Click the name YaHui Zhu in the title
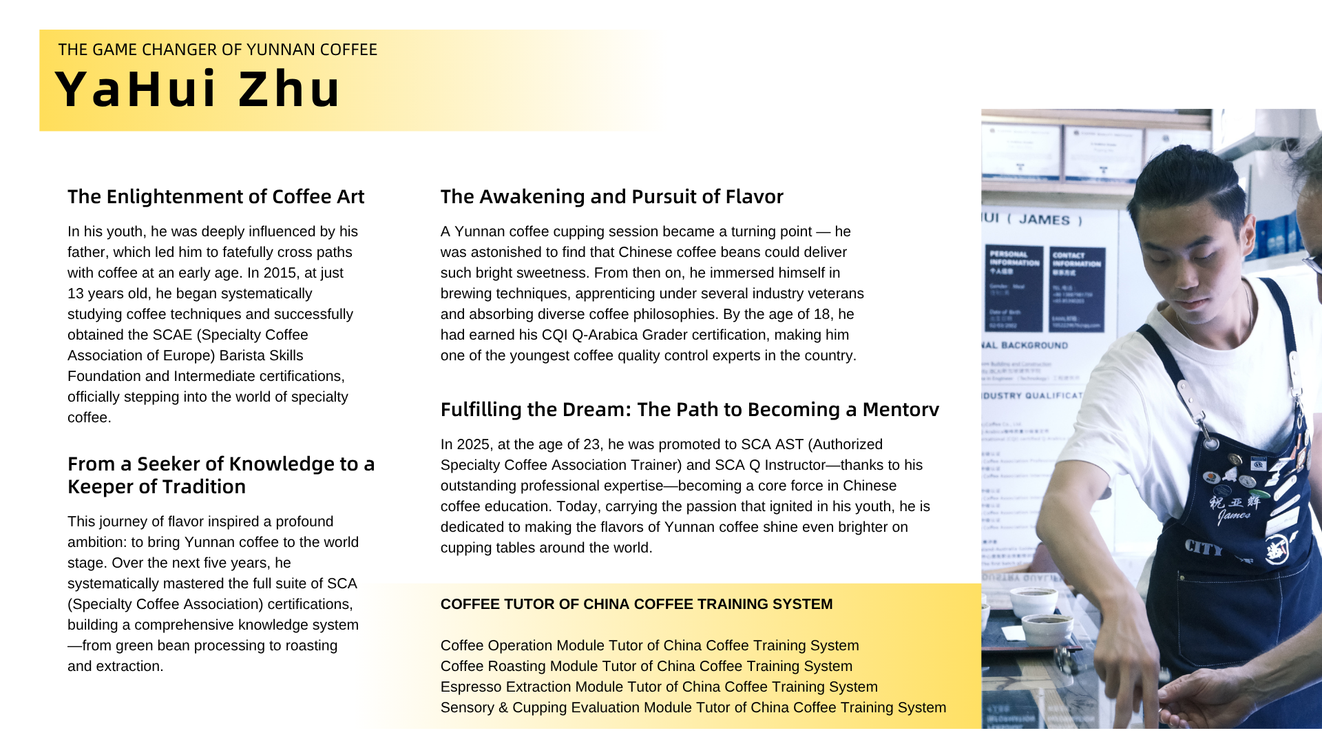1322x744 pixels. tap(198, 90)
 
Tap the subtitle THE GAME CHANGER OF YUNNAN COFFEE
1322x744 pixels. tap(218, 50)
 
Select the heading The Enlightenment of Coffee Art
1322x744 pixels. tap(216, 197)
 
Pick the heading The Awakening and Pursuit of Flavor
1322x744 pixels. tap(611, 197)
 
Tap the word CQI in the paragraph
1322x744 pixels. tap(554, 335)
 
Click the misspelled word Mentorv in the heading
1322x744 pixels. tap(901, 410)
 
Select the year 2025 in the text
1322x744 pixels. tap(473, 444)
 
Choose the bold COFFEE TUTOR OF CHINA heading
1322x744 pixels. tap(636, 604)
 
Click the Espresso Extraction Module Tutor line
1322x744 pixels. tap(659, 687)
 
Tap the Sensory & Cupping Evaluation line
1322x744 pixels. tap(693, 707)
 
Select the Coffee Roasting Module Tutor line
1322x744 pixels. tap(646, 666)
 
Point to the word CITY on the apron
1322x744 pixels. tap(1203, 548)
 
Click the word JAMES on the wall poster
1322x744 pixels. tap(1044, 220)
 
